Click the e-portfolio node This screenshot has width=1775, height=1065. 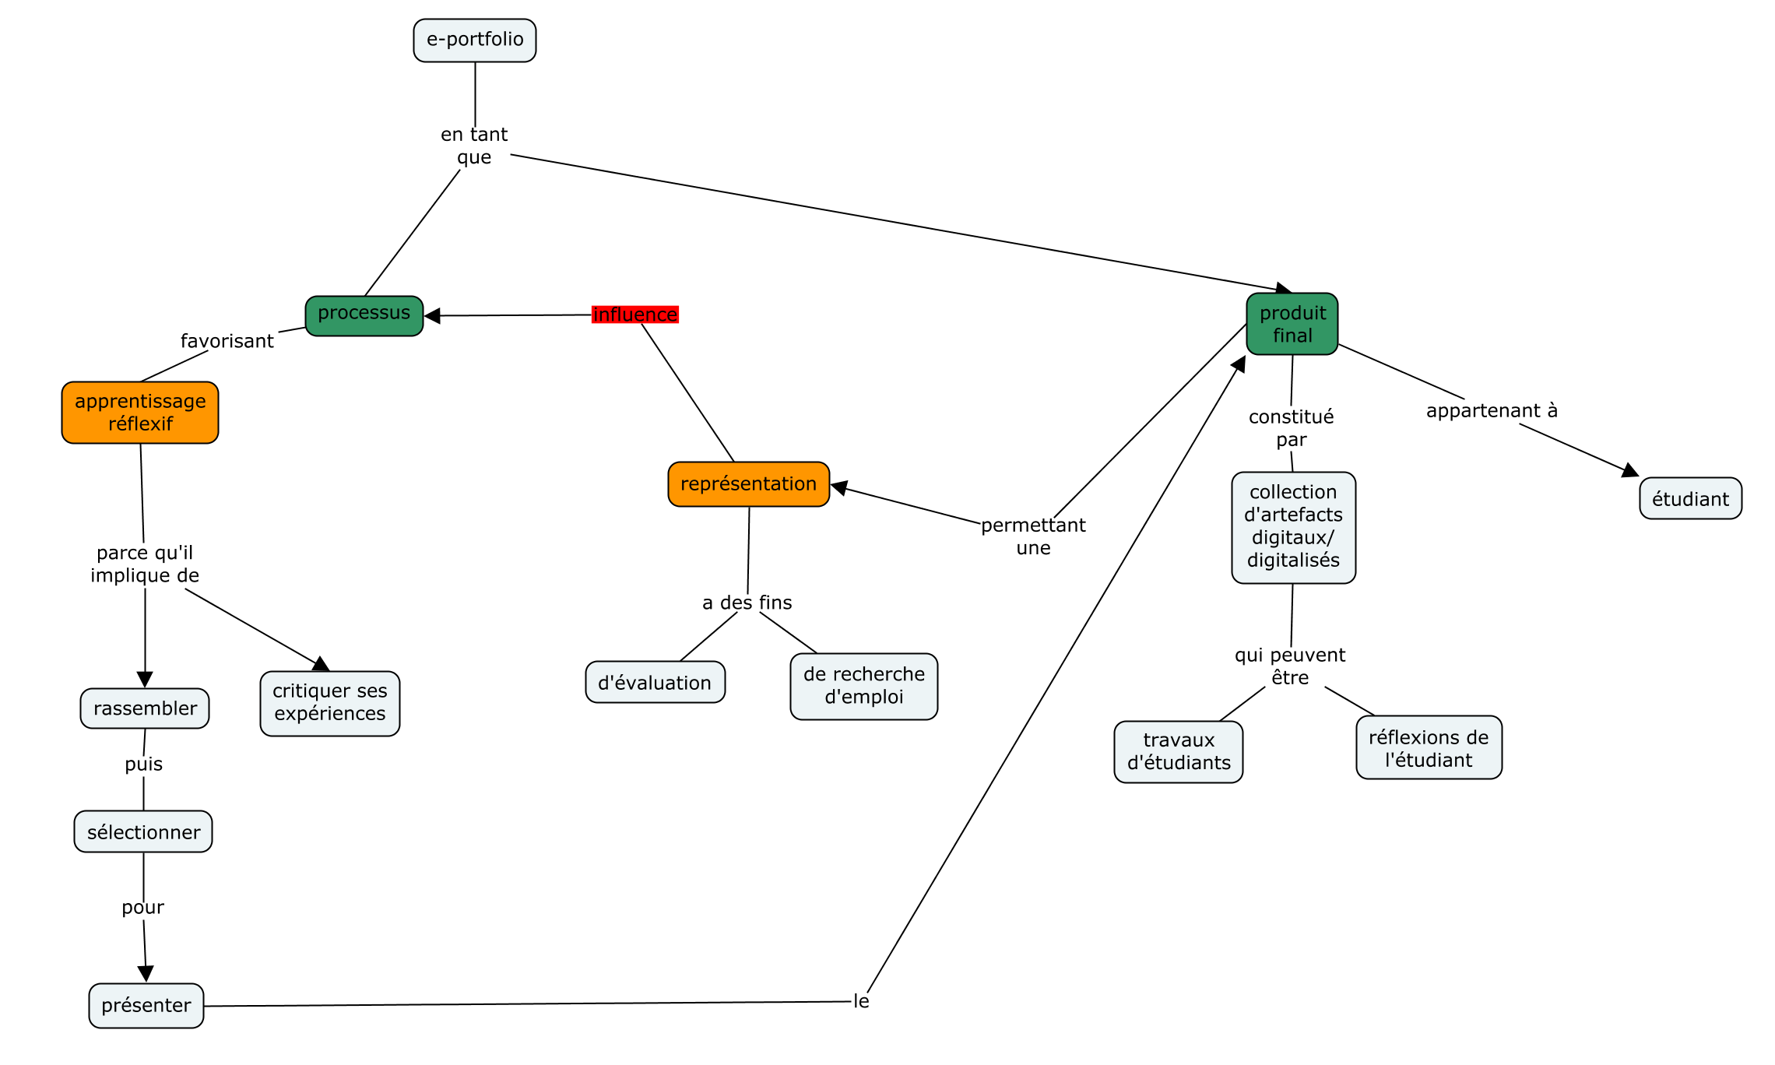[x=475, y=40]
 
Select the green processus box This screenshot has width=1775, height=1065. [x=364, y=316]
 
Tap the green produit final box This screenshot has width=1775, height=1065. [x=1292, y=324]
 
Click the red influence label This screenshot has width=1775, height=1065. [x=635, y=315]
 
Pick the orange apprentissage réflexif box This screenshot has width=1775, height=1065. [x=140, y=413]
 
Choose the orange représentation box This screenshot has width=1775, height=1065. [x=749, y=484]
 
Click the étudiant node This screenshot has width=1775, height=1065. [x=1691, y=498]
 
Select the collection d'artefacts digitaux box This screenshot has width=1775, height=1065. [x=1294, y=528]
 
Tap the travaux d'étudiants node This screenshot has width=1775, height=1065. [x=1179, y=752]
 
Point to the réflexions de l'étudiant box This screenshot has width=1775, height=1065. [x=1429, y=747]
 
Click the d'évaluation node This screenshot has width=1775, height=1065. [x=656, y=682]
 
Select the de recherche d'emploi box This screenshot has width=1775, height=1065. [x=864, y=687]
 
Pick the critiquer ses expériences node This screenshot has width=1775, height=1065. [x=330, y=704]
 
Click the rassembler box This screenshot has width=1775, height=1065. [x=145, y=708]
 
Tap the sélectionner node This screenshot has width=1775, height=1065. [x=143, y=831]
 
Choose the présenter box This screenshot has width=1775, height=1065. [x=146, y=1006]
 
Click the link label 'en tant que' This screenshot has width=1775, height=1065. [x=474, y=146]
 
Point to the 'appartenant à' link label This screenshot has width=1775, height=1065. [x=1492, y=410]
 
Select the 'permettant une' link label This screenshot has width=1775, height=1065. [x=1033, y=536]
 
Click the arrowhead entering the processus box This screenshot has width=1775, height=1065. [x=432, y=315]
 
